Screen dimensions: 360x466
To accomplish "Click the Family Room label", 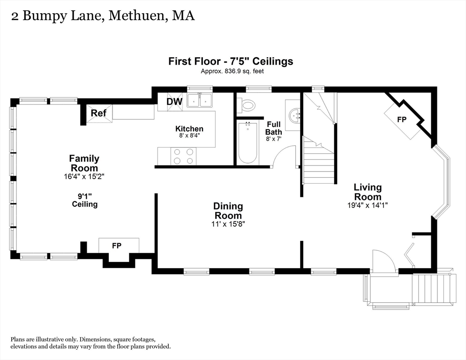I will pyautogui.click(x=84, y=163).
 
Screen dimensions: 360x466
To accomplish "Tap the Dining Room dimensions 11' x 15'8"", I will pyautogui.click(x=228, y=224).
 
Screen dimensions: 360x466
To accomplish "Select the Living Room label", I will pyautogui.click(x=368, y=192).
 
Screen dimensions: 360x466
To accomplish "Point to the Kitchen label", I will pyautogui.click(x=189, y=129).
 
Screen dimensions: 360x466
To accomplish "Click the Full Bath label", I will pyautogui.click(x=274, y=128).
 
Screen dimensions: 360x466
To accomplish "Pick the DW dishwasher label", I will pyautogui.click(x=174, y=102).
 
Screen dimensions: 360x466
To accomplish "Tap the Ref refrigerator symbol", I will pyautogui.click(x=99, y=113).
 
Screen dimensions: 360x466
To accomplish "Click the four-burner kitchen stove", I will pyautogui.click(x=183, y=156).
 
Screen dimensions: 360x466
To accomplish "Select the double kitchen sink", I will pyautogui.click(x=200, y=100).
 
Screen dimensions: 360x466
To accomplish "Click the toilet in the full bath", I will pyautogui.click(x=246, y=105).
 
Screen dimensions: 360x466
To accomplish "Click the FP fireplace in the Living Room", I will pyautogui.click(x=402, y=120).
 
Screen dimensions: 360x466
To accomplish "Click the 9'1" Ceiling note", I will pyautogui.click(x=84, y=200).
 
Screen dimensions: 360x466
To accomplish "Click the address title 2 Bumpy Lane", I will pyautogui.click(x=103, y=15).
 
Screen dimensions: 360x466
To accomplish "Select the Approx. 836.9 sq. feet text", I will pyautogui.click(x=231, y=71).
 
